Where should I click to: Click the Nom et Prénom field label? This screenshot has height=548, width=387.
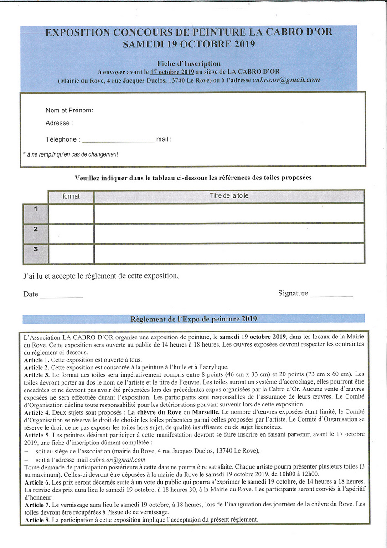69,111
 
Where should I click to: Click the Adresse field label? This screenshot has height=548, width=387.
59,123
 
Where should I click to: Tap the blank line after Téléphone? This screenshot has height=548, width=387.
118,141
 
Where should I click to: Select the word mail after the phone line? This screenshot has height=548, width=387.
163,139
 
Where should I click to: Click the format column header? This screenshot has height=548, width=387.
71,196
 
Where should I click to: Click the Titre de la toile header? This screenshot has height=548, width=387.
229,196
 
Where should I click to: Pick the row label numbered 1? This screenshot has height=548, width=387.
36,210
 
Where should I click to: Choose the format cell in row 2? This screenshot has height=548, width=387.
71,233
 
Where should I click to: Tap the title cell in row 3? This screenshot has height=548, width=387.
229,253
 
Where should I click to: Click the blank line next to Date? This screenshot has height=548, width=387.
62,296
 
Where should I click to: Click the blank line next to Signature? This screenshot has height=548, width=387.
331,295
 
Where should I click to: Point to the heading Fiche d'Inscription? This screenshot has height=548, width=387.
189,63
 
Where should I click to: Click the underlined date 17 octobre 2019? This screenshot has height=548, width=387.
172,72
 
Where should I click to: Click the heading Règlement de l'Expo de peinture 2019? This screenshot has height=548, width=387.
194,318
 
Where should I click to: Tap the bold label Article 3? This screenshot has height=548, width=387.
36,375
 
